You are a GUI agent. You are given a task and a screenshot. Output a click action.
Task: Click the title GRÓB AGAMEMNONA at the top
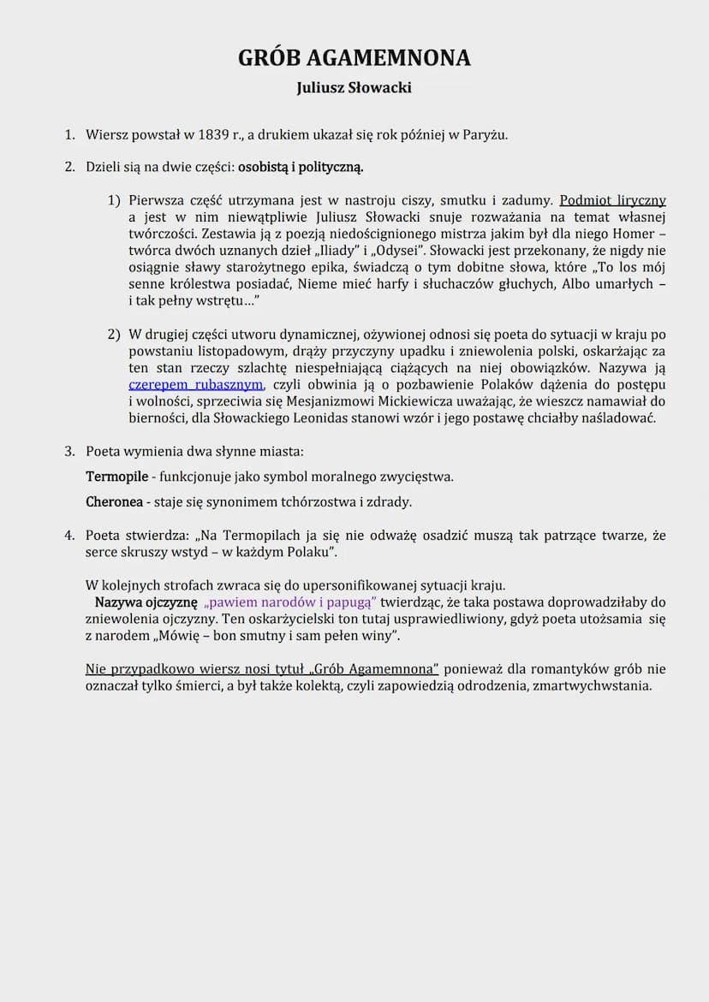point(354,57)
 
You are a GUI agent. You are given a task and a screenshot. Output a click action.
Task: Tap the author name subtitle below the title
point(354,87)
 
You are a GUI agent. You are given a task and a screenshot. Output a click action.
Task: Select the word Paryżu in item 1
point(486,134)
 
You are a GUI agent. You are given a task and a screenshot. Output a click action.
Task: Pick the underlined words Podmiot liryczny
point(612,200)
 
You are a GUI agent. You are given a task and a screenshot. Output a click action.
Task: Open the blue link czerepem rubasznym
point(195,384)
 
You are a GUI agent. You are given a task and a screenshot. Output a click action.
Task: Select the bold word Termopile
point(121,476)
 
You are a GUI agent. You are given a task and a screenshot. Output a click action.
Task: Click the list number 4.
point(69,536)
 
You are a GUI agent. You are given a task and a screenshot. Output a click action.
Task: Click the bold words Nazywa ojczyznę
point(146,602)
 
